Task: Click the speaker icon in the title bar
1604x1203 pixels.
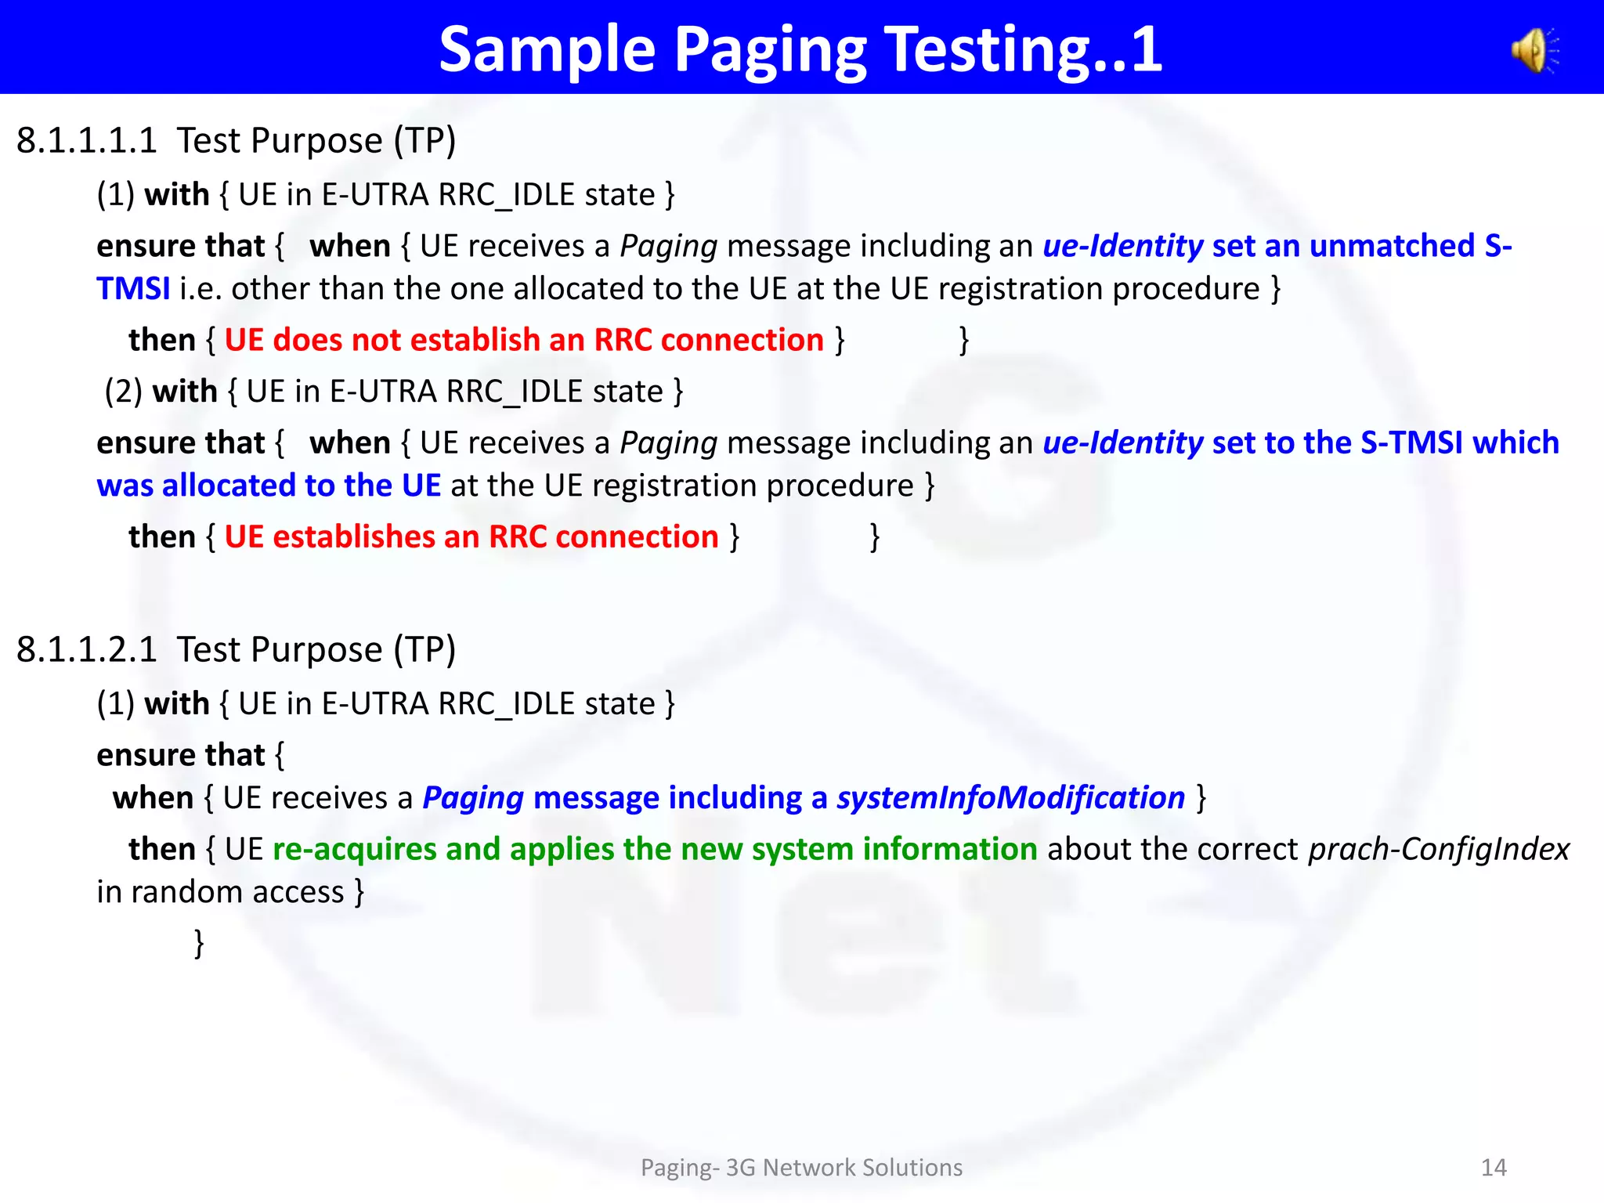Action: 1536,51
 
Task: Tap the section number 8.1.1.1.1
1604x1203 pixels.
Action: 86,141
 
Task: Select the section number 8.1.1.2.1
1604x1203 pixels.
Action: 86,650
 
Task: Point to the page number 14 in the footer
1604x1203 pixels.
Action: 1494,1168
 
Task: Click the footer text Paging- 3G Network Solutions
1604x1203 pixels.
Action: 801,1168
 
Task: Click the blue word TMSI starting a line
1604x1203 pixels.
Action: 133,289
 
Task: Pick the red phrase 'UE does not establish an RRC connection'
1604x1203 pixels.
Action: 524,340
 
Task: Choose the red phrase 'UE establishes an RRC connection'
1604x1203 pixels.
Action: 471,537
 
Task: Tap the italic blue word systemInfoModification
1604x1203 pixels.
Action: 1010,798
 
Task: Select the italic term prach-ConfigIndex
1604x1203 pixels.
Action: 1439,849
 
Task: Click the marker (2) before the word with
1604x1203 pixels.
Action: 123,392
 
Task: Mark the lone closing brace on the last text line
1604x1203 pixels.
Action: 199,943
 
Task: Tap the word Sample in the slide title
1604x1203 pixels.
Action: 547,49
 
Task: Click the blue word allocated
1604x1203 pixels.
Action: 228,486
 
